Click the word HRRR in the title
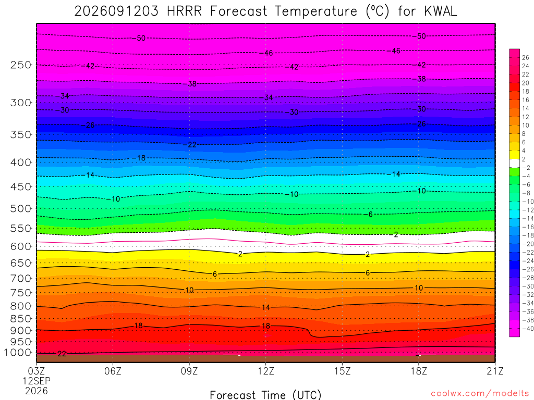pos(184,11)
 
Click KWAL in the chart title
pos(440,11)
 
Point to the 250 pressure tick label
pos(21,65)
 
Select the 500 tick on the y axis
pos(21,208)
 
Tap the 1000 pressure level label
pos(18,353)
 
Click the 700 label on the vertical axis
pos(21,279)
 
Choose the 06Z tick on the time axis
pos(113,371)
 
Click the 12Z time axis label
pos(265,371)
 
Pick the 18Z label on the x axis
pos(419,371)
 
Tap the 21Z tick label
pos(495,371)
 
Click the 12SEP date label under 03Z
pos(37,381)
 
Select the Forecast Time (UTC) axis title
pos(265,395)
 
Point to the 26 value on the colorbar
pos(526,57)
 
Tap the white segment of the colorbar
pos(514,163)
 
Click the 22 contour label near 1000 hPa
pos(62,354)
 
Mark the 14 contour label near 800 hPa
pos(265,307)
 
